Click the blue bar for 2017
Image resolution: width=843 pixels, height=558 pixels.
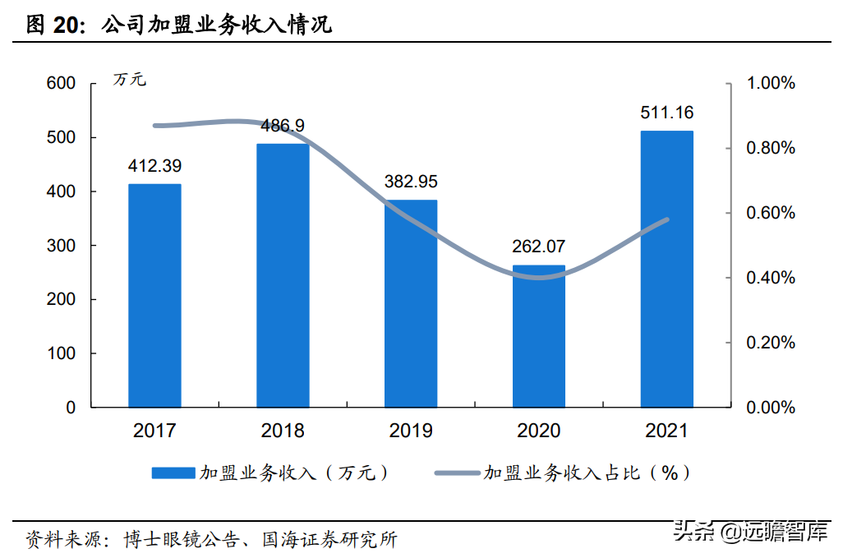pos(154,296)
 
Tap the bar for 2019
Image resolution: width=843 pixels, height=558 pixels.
pos(411,304)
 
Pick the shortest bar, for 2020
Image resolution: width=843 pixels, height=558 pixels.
pos(539,337)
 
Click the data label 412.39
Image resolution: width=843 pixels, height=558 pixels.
pos(154,166)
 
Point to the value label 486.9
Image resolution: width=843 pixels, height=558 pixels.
pos(283,126)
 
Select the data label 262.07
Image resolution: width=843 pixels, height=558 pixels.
pos(539,247)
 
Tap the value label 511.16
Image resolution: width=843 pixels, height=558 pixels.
pos(666,113)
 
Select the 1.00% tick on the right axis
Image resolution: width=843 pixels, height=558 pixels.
pos(770,83)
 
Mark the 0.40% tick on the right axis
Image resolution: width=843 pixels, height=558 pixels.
pos(770,278)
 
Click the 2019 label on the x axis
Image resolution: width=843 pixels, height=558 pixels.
pos(411,431)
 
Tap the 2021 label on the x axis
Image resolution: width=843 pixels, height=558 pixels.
pos(666,431)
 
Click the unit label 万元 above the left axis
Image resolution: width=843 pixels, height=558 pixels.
pos(130,80)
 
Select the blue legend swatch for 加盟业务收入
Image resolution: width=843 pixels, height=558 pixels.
pos(173,473)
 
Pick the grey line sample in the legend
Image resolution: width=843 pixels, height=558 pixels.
pos(457,473)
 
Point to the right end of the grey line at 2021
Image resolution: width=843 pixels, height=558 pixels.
pos(667,219)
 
